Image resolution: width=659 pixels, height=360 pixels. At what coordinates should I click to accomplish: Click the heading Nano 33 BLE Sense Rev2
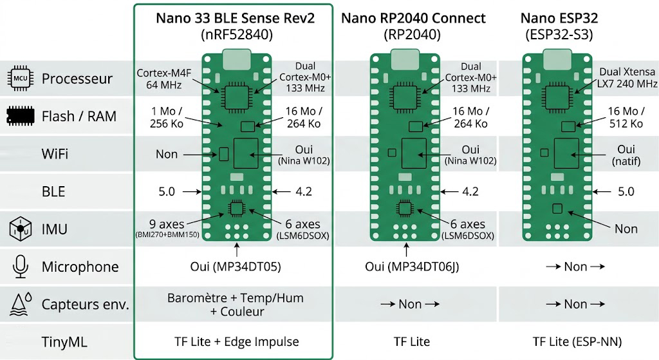coord(236,17)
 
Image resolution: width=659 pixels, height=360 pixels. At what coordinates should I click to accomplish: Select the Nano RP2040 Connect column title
coord(413,17)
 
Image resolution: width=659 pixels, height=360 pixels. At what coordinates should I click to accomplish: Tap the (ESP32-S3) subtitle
coord(559,34)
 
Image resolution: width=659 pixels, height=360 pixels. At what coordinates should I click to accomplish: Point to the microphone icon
coord(19,266)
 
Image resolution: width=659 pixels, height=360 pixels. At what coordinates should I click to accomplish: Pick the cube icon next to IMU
coord(19,229)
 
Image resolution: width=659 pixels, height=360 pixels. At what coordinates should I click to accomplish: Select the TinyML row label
coord(64,341)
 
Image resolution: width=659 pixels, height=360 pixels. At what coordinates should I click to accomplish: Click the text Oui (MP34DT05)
coord(236,267)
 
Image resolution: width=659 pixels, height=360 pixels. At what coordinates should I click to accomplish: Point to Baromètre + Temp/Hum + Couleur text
coord(236,305)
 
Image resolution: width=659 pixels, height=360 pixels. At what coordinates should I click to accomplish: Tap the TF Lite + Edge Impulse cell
coord(236,341)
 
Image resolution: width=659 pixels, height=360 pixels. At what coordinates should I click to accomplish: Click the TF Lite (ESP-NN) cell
coord(577,341)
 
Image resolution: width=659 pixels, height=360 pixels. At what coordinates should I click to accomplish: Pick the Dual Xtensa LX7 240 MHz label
coord(628,78)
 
